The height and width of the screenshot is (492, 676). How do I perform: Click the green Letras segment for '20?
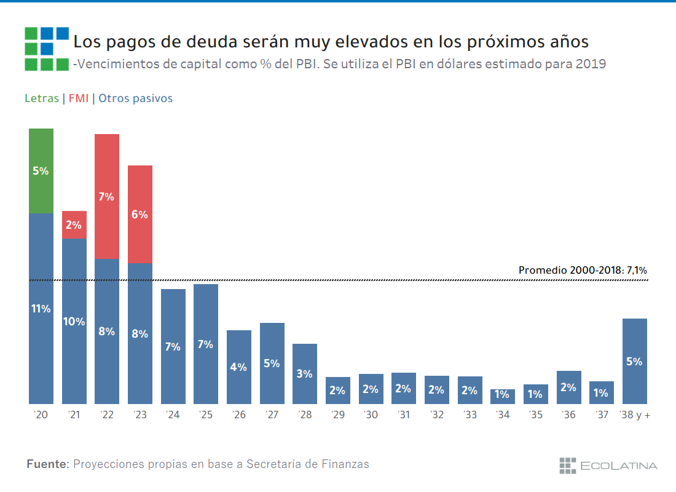(41, 170)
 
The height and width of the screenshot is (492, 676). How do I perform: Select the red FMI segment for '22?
(107, 196)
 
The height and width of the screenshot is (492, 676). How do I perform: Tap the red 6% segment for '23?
(140, 214)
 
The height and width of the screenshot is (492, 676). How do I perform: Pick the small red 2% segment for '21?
(74, 224)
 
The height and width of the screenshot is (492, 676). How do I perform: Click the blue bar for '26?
(239, 367)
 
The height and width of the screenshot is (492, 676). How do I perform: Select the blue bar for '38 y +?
(634, 361)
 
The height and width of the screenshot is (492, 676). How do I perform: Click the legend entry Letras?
(42, 98)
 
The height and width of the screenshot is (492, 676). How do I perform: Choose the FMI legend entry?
(79, 98)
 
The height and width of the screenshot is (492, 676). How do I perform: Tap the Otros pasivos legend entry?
(135, 98)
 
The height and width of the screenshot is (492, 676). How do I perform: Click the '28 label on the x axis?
(305, 415)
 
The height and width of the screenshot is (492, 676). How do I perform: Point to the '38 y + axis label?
(635, 415)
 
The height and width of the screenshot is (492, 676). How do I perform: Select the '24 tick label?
(173, 415)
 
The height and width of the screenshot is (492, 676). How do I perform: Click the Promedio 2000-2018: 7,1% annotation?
(583, 270)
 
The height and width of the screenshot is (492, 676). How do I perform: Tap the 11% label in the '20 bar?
(41, 309)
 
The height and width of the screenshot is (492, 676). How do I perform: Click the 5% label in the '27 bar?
(272, 363)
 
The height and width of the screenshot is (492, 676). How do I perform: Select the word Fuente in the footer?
(47, 464)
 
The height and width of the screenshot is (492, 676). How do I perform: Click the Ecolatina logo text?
(618, 466)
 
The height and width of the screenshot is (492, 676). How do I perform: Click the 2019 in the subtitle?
(591, 64)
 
